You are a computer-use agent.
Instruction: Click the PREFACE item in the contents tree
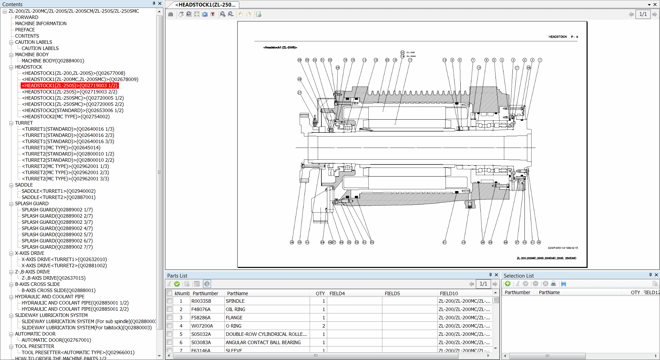tap(25, 30)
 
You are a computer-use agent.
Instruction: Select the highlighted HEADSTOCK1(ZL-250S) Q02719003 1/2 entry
tap(70, 86)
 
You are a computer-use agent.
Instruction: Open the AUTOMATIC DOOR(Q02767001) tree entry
tap(56, 340)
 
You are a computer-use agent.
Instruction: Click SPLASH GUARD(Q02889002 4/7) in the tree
tap(57, 228)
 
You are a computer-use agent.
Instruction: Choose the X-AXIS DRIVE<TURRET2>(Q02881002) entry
tap(64, 266)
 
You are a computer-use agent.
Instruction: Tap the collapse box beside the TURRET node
tap(11, 123)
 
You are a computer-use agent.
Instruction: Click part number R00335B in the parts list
tap(201, 301)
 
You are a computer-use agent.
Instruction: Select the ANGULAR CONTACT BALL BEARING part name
tap(263, 342)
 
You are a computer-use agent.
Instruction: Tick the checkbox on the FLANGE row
tap(169, 318)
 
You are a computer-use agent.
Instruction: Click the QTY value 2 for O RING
tap(323, 326)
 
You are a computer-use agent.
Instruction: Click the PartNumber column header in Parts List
tap(205, 293)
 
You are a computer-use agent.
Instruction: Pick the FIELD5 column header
tap(392, 293)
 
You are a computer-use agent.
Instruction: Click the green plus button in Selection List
tap(508, 283)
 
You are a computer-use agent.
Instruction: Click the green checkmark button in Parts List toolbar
tap(177, 284)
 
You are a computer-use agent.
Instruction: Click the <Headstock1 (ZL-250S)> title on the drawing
tap(280, 48)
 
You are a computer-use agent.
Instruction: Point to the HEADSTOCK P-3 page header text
tap(563, 37)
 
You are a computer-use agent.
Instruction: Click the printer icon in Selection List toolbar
tap(553, 283)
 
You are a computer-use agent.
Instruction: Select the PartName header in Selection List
tap(549, 292)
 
